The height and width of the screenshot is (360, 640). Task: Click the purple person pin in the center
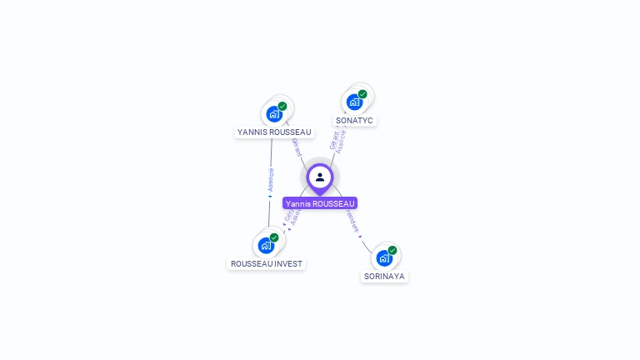click(320, 177)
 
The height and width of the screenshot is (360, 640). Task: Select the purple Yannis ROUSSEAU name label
click(320, 203)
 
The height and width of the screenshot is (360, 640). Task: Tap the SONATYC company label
click(354, 120)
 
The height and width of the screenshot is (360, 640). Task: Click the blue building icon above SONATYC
click(354, 102)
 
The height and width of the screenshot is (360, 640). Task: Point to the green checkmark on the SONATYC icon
click(362, 94)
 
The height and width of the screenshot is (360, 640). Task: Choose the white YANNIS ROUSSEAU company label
click(274, 132)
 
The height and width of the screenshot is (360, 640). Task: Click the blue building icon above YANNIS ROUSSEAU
click(274, 114)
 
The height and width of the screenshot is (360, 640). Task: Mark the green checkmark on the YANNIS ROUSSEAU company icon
click(282, 107)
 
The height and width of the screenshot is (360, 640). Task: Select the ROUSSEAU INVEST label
click(267, 263)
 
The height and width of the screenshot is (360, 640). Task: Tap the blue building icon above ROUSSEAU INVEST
click(266, 245)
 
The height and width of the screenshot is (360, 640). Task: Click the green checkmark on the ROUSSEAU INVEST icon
click(274, 237)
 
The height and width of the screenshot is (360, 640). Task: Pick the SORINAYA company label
click(385, 276)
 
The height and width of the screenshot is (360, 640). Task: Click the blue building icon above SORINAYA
click(384, 257)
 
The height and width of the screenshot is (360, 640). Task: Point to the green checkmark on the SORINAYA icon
click(392, 250)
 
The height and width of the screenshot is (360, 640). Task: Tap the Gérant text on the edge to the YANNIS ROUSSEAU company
click(296, 146)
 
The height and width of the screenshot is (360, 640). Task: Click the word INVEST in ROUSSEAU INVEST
click(287, 263)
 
